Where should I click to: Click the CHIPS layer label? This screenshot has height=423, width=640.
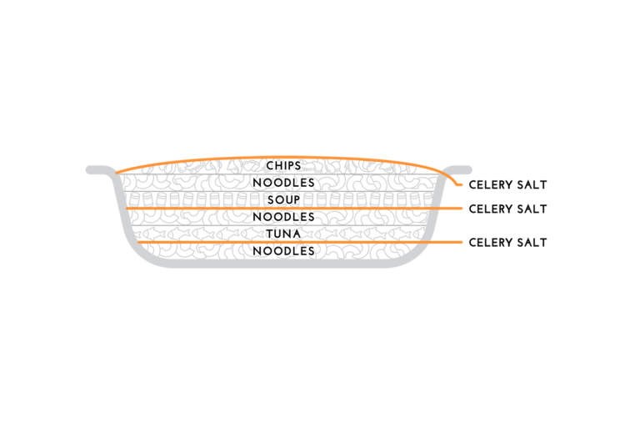(283, 165)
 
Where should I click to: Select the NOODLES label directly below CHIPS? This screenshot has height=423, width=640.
(283, 183)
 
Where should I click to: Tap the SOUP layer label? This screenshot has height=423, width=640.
(283, 200)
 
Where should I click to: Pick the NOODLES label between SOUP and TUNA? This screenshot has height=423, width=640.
(283, 217)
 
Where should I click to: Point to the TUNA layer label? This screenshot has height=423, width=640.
(283, 234)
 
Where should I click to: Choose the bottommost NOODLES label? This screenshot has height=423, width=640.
(283, 251)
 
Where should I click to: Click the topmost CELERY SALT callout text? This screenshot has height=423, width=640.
(507, 184)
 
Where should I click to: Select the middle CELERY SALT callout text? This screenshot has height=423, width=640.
(507, 209)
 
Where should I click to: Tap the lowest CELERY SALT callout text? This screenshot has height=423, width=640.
(507, 242)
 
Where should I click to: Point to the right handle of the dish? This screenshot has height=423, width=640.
(458, 169)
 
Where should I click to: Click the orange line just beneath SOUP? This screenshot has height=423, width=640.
(294, 209)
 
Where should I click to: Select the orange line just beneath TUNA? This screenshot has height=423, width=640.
(300, 242)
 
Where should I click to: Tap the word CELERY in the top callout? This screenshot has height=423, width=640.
(491, 184)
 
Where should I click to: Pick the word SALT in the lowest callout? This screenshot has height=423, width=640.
(532, 242)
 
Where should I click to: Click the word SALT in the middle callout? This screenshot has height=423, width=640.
(532, 209)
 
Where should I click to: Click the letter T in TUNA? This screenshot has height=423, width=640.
(271, 234)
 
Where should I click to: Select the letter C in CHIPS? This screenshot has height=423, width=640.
(271, 165)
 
